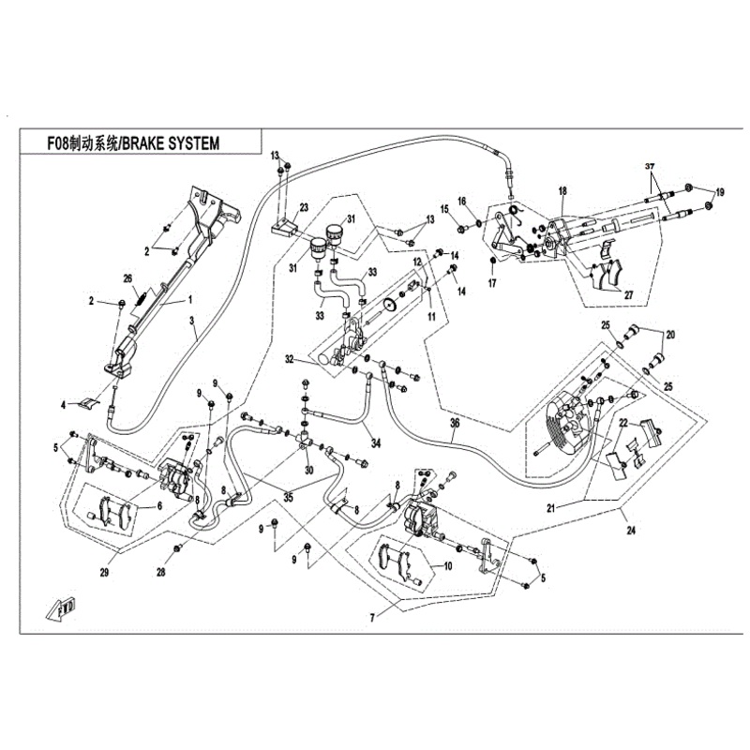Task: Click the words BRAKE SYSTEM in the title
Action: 171,142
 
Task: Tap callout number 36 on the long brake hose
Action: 455,424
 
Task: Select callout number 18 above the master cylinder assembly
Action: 562,191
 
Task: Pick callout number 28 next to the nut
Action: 160,571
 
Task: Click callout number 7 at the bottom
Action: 372,617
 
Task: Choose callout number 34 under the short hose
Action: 375,442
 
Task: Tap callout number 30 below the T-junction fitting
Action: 308,470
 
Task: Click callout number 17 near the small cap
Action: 491,282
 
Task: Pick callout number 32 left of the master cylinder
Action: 290,359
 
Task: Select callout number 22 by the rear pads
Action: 620,424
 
